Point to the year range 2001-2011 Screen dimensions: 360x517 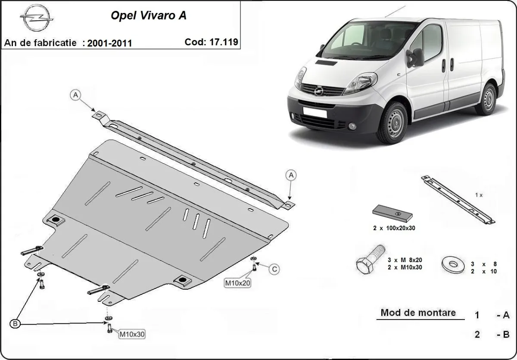109,43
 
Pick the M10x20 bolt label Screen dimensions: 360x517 237,283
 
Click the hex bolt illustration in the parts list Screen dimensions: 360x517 371,259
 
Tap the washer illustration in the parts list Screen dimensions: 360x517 454,263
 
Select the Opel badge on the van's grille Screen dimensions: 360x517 319,91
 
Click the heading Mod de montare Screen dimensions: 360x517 418,313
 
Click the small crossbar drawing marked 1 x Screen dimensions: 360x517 458,200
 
